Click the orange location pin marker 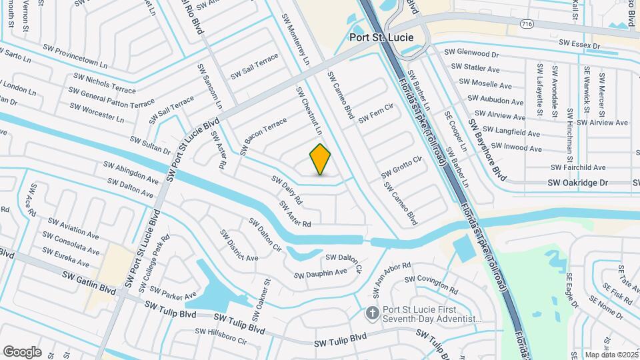click(x=321, y=159)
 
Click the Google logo click(x=22, y=352)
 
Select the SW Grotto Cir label click(x=402, y=167)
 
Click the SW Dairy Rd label click(x=287, y=189)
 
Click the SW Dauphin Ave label click(x=322, y=273)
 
